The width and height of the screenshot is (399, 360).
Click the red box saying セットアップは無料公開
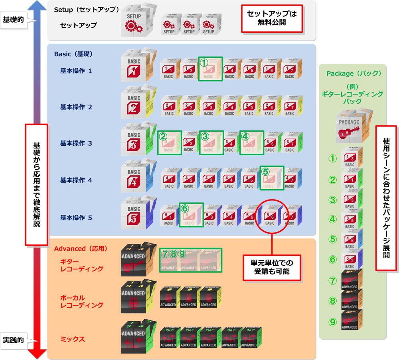[x=272, y=18]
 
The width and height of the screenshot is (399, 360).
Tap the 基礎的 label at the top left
[x=13, y=20]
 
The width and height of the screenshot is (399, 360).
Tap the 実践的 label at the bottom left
[x=13, y=340]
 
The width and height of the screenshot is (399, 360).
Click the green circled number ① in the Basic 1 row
[x=204, y=63]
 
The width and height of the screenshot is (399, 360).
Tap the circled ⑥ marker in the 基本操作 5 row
[x=184, y=208]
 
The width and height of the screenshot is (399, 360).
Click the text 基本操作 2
[x=76, y=107]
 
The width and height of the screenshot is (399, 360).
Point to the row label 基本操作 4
[x=76, y=180]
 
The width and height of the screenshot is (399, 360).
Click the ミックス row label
[x=72, y=340]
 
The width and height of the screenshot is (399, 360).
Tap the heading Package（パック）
[x=354, y=74]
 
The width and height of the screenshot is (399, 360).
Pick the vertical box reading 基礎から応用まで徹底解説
[x=36, y=184]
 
